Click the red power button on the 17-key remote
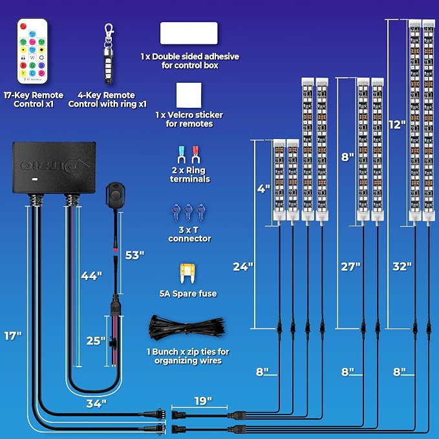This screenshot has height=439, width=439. click(x=23, y=27)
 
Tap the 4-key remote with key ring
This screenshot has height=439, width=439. click(x=109, y=54)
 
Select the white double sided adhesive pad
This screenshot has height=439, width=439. click(x=189, y=33)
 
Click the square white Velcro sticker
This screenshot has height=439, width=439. click(x=189, y=95)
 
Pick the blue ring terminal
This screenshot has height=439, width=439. click(x=182, y=155)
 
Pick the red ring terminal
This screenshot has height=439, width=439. click(x=195, y=155)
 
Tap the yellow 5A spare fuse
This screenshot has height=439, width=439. click(x=187, y=273)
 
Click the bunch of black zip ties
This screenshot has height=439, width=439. click(x=187, y=328)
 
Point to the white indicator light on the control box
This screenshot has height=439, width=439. click(x=35, y=179)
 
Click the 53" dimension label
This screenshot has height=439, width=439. click(x=134, y=255)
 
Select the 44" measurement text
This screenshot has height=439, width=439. click(x=92, y=276)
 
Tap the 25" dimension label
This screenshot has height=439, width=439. click(x=96, y=341)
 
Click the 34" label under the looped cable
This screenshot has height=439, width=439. click(x=96, y=403)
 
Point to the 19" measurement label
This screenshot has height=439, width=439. click(x=203, y=401)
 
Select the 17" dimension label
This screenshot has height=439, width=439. click(x=13, y=336)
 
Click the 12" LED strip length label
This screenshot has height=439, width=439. click(x=397, y=125)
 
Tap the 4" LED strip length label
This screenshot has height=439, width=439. click(x=263, y=188)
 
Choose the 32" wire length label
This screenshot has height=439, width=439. click(x=402, y=266)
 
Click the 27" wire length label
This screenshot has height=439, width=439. click(x=350, y=266)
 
